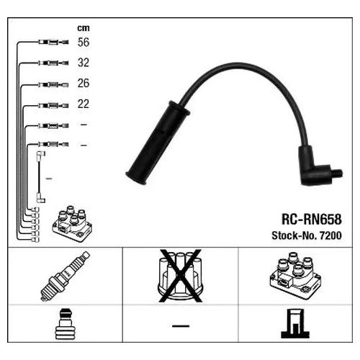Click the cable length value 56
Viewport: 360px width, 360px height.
click(x=84, y=42)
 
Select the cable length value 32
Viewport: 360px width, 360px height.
click(x=84, y=63)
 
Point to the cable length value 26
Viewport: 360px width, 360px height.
click(x=84, y=84)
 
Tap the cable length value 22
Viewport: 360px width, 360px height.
click(x=84, y=104)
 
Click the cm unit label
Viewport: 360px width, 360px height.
click(x=84, y=28)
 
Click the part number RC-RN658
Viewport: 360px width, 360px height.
click(x=311, y=219)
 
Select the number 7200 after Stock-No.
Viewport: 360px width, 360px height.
click(x=330, y=235)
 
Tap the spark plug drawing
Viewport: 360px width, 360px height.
click(x=65, y=276)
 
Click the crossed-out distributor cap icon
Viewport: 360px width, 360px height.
click(x=181, y=276)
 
